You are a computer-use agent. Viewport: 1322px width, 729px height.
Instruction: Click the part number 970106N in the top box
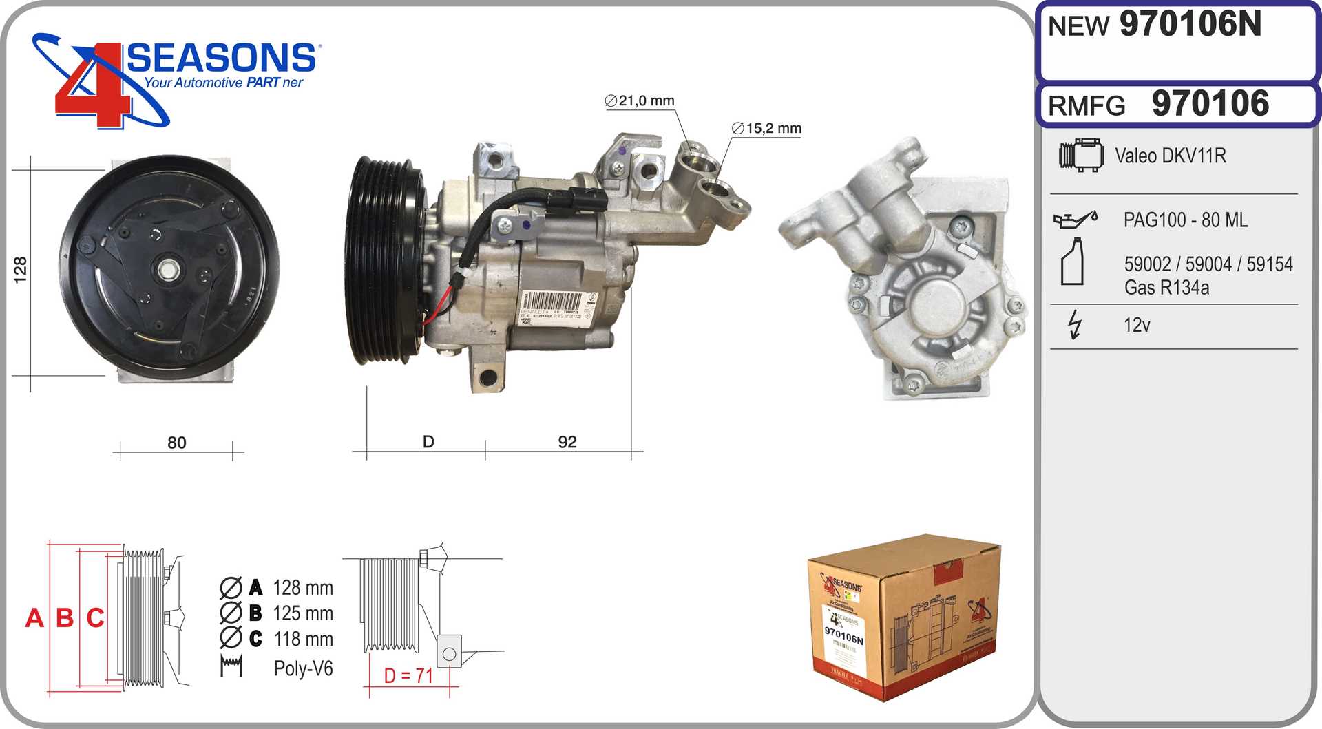click(1190, 25)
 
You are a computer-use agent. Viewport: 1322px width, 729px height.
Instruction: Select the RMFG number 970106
click(1210, 104)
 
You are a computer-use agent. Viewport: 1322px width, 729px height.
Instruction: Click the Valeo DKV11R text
click(1170, 156)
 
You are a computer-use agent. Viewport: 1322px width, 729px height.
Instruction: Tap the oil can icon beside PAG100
click(1074, 220)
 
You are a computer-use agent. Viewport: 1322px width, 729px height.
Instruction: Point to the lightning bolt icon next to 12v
click(1074, 324)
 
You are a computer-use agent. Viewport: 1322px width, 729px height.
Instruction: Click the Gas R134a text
click(1166, 288)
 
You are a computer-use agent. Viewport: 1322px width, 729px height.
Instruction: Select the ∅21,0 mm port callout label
click(639, 101)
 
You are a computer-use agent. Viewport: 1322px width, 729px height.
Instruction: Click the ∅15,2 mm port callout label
click(766, 129)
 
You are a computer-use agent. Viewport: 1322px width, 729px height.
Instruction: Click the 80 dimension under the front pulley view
click(176, 443)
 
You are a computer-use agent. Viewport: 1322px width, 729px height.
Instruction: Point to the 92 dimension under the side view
click(567, 442)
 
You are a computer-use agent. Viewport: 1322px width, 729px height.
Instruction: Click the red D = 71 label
click(408, 676)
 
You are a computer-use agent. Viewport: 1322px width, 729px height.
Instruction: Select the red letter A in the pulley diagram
click(34, 618)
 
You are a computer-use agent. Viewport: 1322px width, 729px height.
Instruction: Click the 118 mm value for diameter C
click(303, 640)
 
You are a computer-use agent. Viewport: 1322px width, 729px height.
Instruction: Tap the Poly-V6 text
click(303, 668)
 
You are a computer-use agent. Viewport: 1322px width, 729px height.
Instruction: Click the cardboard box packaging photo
click(903, 617)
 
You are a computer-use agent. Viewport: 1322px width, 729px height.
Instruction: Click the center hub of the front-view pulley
click(168, 269)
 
